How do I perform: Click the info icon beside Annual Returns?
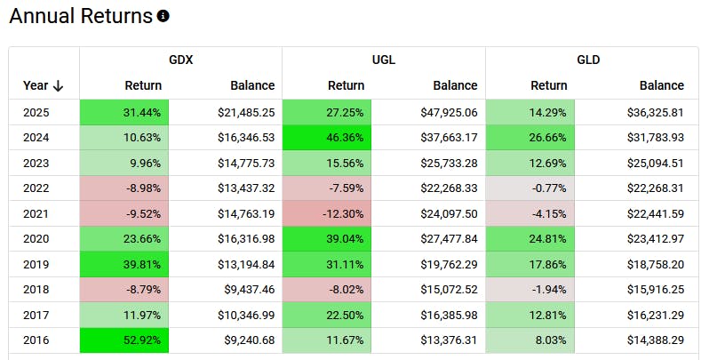click(x=163, y=17)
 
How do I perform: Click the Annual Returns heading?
click(x=81, y=17)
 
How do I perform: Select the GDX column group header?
click(x=180, y=60)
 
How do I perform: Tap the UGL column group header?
click(x=383, y=60)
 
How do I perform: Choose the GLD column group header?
click(x=587, y=60)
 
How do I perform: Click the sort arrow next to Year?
click(x=59, y=86)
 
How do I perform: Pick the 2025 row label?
click(x=36, y=113)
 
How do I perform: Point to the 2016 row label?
click(x=36, y=339)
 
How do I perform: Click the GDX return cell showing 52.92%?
click(x=124, y=339)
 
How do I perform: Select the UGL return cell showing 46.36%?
click(x=327, y=138)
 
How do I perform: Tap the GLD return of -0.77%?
click(x=530, y=188)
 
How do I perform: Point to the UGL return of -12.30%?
click(x=327, y=213)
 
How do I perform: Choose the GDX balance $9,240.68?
click(x=246, y=339)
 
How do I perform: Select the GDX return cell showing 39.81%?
click(x=124, y=264)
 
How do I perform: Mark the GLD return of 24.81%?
click(x=530, y=238)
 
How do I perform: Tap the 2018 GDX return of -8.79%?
click(x=124, y=289)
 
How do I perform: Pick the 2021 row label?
click(x=36, y=213)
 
